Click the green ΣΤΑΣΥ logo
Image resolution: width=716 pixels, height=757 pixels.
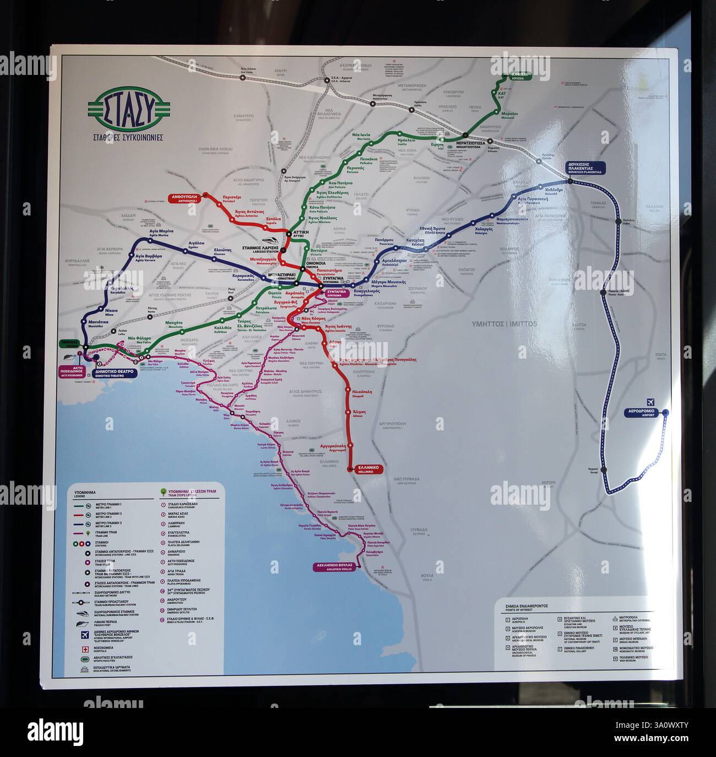coord(128,110)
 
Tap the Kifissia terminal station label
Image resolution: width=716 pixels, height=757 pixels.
coord(519,76)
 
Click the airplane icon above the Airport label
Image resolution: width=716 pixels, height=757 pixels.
coord(651,402)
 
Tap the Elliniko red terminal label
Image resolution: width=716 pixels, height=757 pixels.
coord(366,469)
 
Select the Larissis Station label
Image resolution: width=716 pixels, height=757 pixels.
coord(261,249)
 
